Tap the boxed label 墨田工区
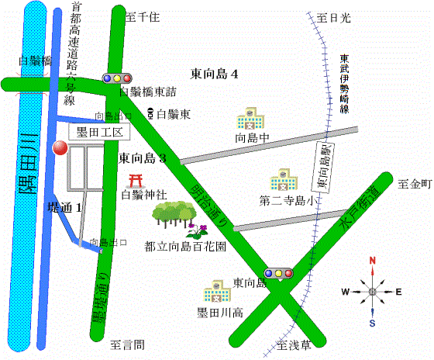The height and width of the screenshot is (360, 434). [x=97, y=133]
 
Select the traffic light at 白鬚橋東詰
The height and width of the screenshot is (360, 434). [x=117, y=78]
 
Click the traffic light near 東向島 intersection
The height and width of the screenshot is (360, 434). [x=279, y=273]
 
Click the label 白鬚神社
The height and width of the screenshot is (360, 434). [x=144, y=195]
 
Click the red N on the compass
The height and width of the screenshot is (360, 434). [x=373, y=261]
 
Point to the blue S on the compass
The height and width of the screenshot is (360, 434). [x=373, y=323]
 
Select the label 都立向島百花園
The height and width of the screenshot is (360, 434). [x=185, y=247]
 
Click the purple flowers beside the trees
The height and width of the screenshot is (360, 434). [x=195, y=230]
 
